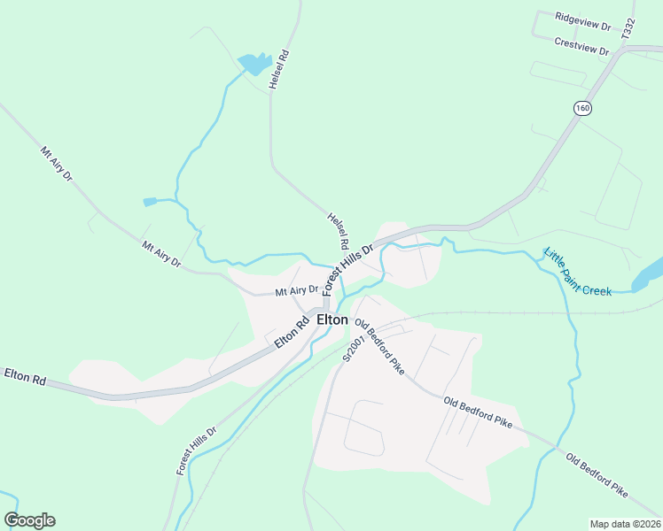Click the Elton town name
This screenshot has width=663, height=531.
(x=331, y=319)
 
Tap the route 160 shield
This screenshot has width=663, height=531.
(x=581, y=108)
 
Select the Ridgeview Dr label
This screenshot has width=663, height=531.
(x=583, y=21)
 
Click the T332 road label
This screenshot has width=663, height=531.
(x=628, y=27)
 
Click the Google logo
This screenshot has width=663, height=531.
(x=29, y=520)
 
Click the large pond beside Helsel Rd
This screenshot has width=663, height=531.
(x=254, y=64)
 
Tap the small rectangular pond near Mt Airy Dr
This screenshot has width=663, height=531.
(x=150, y=202)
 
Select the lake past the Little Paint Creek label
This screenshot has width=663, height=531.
(x=649, y=274)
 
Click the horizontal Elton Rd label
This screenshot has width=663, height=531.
(x=24, y=375)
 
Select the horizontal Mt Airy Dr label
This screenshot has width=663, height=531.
(x=296, y=289)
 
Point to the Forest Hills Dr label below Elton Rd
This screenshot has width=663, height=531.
(x=196, y=450)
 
